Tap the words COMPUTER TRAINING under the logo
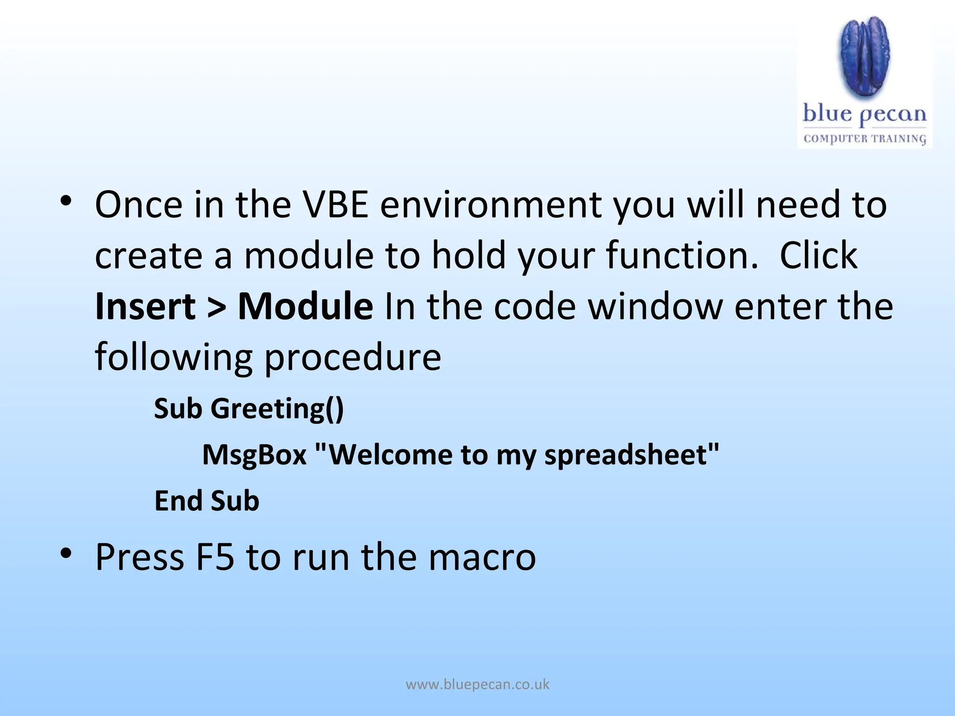(865, 138)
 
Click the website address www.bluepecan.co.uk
(477, 684)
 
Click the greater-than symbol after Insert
(216, 307)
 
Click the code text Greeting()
(277, 409)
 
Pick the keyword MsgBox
(254, 454)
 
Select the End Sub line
(207, 501)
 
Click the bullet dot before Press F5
(66, 553)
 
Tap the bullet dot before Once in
(66, 201)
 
